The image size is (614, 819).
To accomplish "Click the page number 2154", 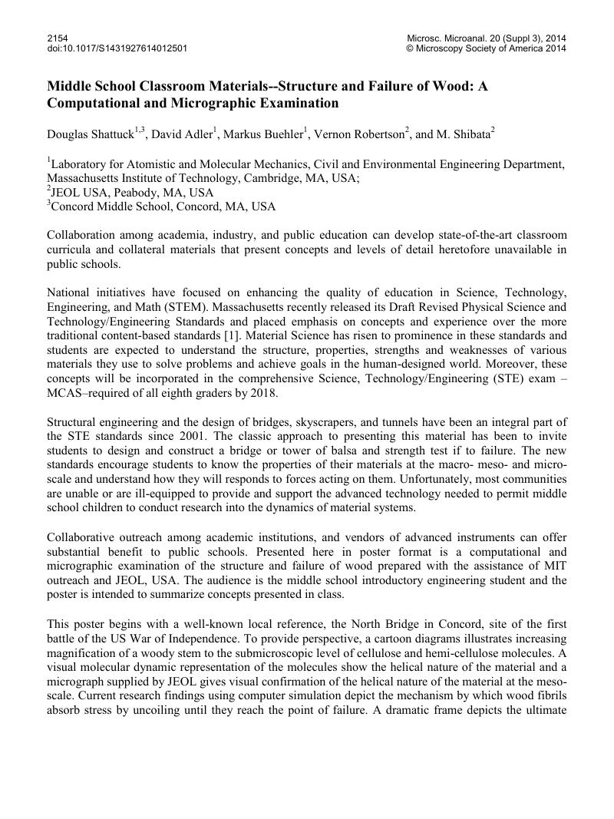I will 58,38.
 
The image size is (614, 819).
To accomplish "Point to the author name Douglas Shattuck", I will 90,135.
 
